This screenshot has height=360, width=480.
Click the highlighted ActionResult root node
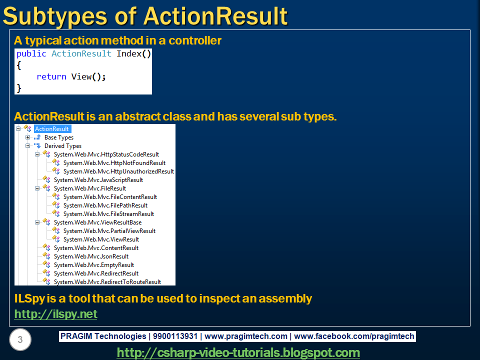pyautogui.click(x=52, y=129)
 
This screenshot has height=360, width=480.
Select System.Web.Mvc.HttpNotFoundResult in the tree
pyautogui.click(x=114, y=163)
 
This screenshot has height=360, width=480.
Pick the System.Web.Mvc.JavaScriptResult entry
pyautogui.click(x=98, y=180)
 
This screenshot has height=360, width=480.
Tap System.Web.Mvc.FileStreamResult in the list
pyautogui.click(x=108, y=214)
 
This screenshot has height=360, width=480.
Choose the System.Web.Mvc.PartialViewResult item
pyautogui.click(x=109, y=231)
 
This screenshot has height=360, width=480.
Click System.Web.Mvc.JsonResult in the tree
pyautogui.click(x=91, y=256)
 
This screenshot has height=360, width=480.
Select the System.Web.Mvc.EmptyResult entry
pyautogui.click(x=93, y=265)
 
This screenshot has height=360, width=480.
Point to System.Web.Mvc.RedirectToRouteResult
pyautogui.click(x=107, y=282)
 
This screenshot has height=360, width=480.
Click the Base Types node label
pyautogui.click(x=58, y=137)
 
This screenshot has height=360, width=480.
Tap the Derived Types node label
pyautogui.click(x=62, y=146)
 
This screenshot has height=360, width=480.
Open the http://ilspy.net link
pyautogui.click(x=55, y=314)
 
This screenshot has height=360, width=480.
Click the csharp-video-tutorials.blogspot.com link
pyautogui.click(x=238, y=352)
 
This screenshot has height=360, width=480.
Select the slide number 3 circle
pyautogui.click(x=20, y=340)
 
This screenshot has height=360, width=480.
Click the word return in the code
pyautogui.click(x=51, y=76)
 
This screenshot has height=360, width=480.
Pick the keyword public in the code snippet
pyautogui.click(x=31, y=54)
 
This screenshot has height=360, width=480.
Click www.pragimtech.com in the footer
pyautogui.click(x=246, y=336)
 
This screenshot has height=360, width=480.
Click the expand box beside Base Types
pyautogui.click(x=28, y=137)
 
